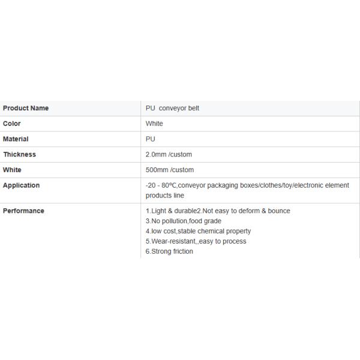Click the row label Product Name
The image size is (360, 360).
click(26, 108)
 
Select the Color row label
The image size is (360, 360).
click(12, 124)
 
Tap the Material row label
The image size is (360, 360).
click(16, 139)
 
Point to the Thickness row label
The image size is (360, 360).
click(19, 154)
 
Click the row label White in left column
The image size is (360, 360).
click(12, 170)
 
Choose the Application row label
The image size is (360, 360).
click(21, 185)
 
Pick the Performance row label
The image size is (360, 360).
click(23, 211)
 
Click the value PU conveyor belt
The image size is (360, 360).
click(172, 108)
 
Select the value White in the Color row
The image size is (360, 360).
click(154, 124)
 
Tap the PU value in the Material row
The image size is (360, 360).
click(151, 139)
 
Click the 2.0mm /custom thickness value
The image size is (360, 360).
click(169, 154)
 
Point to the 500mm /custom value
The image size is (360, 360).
click(170, 170)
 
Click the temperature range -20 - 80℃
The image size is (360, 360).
click(161, 185)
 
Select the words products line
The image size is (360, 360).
click(165, 196)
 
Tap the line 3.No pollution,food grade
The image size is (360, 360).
click(184, 221)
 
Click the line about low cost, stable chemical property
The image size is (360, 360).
click(198, 231)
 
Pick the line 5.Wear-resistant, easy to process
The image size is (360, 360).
click(196, 241)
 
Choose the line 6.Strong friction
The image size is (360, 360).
click(169, 251)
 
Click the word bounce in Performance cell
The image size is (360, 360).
click(279, 211)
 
